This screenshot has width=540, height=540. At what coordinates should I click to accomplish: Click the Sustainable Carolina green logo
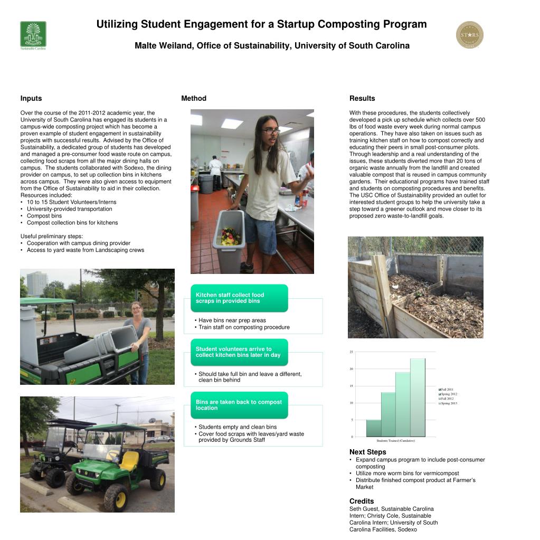tap(33, 34)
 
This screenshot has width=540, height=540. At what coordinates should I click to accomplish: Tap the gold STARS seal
tap(469, 35)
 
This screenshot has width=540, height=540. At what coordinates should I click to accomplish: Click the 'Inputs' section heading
tap(31, 98)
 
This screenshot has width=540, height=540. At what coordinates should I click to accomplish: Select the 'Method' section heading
tap(194, 98)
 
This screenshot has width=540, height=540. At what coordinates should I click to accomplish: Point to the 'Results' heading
tap(362, 98)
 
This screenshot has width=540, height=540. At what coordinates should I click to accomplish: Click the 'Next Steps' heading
tap(367, 452)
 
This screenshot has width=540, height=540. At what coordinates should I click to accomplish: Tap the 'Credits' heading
tap(362, 501)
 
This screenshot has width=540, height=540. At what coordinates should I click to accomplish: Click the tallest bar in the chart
tap(418, 397)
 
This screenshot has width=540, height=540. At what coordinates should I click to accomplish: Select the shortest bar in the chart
tap(374, 428)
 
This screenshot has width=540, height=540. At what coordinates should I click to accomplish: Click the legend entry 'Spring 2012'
tap(448, 394)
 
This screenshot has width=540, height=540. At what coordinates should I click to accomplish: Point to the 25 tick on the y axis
tap(351, 352)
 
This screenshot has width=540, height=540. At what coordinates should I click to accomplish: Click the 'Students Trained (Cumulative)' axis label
tap(395, 441)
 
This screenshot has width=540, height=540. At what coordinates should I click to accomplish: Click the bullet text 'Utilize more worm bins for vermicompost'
tap(407, 473)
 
